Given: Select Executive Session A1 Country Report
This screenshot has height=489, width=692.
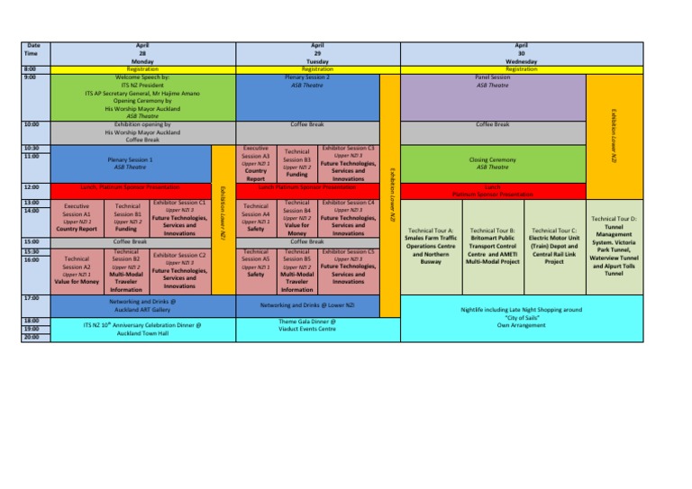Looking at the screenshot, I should click(76, 217).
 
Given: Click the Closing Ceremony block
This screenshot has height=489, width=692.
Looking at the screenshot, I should click(492, 162).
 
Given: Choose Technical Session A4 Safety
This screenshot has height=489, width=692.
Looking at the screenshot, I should click(256, 217).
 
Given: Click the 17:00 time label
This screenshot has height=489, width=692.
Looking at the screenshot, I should click(31, 296).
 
